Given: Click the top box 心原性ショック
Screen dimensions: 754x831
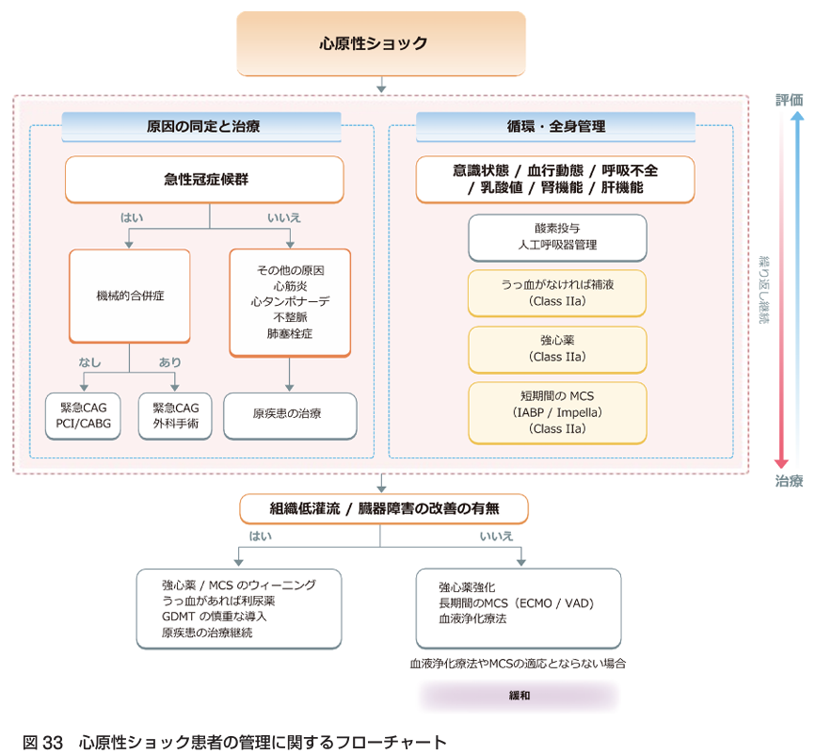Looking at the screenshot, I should point(380,43).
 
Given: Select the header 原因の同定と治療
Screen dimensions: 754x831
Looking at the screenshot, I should point(202,126).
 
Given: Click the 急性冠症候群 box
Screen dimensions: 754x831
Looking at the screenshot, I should point(205,179).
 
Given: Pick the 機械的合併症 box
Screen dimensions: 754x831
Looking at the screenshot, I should point(130,296).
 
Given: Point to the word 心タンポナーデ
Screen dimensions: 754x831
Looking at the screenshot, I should point(289,302).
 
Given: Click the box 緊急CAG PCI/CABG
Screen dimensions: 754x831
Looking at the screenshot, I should point(84,416).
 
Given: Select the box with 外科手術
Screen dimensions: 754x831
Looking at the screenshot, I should point(176,416).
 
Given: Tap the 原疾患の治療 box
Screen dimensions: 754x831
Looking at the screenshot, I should point(290,415).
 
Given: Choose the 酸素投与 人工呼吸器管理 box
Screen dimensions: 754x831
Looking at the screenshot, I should point(557,237).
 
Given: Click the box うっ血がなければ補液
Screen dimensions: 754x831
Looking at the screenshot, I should point(557,292).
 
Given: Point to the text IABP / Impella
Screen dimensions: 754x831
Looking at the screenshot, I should point(557,412).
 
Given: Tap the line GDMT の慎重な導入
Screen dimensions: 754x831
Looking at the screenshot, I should point(214,617).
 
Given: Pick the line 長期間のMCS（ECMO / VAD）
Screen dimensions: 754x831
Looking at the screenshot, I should point(517,602).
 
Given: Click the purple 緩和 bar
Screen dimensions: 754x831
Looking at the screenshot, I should point(519,697).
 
